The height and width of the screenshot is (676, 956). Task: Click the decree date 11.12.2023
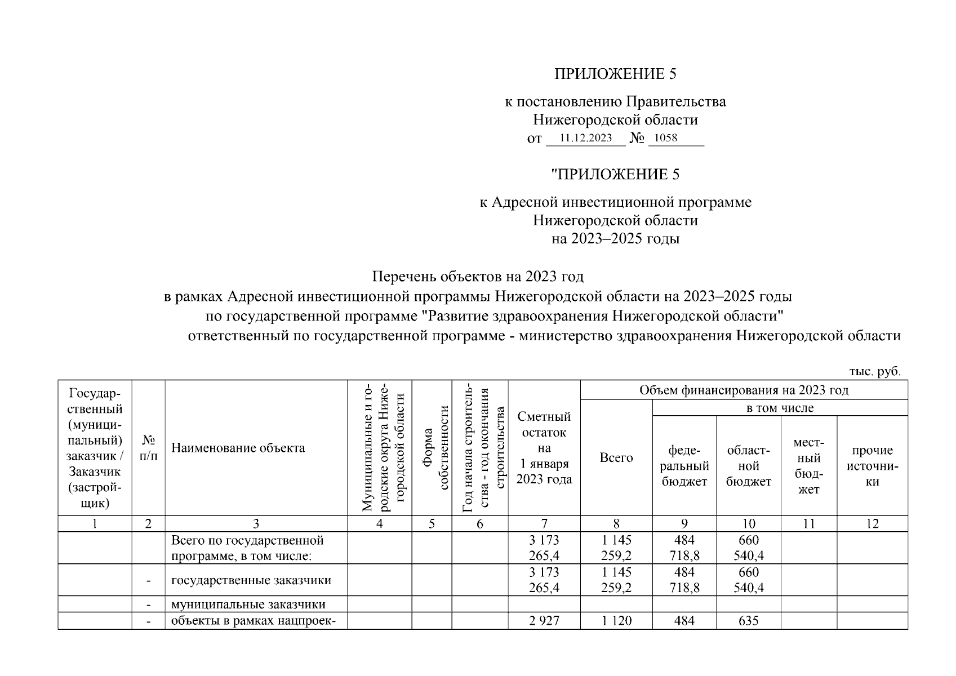[585, 138]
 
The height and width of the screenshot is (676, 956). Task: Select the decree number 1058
[666, 138]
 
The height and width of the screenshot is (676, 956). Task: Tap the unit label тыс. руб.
[875, 371]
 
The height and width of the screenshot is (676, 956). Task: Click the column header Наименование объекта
[238, 448]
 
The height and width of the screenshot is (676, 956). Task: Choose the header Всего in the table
[616, 457]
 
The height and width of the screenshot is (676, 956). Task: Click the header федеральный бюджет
[684, 466]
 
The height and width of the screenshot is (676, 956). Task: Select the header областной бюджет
[749, 466]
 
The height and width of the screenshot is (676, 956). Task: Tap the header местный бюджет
[809, 466]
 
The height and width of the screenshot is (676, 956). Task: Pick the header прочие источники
[872, 466]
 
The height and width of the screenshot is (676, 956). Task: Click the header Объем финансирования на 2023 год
[744, 390]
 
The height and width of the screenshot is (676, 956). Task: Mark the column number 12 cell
[872, 524]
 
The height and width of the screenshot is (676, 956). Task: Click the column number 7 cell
[544, 524]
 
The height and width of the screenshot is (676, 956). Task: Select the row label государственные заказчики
[251, 580]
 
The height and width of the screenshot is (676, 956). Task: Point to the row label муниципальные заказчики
[248, 604]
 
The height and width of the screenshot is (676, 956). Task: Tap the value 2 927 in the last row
[544, 621]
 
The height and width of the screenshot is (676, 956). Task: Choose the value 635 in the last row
[749, 621]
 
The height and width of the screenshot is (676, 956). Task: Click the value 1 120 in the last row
[616, 621]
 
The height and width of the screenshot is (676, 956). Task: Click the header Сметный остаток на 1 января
[544, 448]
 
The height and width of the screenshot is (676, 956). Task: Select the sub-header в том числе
[780, 408]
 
